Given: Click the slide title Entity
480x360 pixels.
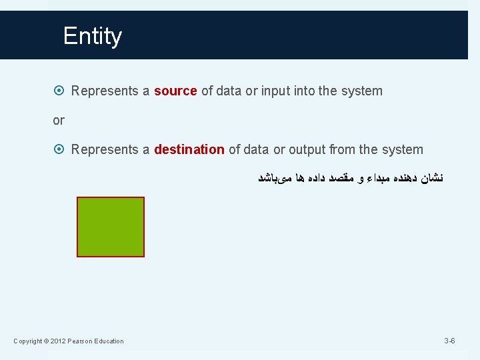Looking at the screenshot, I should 93,36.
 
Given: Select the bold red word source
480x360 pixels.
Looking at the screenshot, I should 175,91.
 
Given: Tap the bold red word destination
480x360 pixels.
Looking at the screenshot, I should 189,149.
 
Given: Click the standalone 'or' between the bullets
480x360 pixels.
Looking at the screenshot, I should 59,121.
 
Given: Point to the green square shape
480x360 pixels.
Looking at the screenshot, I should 111,227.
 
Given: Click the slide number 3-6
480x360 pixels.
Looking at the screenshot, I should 449,341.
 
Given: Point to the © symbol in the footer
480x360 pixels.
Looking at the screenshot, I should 46,341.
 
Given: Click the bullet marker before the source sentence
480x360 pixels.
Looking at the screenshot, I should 60,91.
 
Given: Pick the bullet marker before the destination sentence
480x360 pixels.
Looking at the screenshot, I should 60,149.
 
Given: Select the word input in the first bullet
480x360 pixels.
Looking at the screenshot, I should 277,91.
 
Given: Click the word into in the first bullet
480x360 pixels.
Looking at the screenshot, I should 305,91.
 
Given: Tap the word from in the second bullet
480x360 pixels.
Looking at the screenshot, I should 342,149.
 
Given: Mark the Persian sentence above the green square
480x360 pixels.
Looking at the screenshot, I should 351,178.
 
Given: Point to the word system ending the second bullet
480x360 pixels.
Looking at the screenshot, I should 403,149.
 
